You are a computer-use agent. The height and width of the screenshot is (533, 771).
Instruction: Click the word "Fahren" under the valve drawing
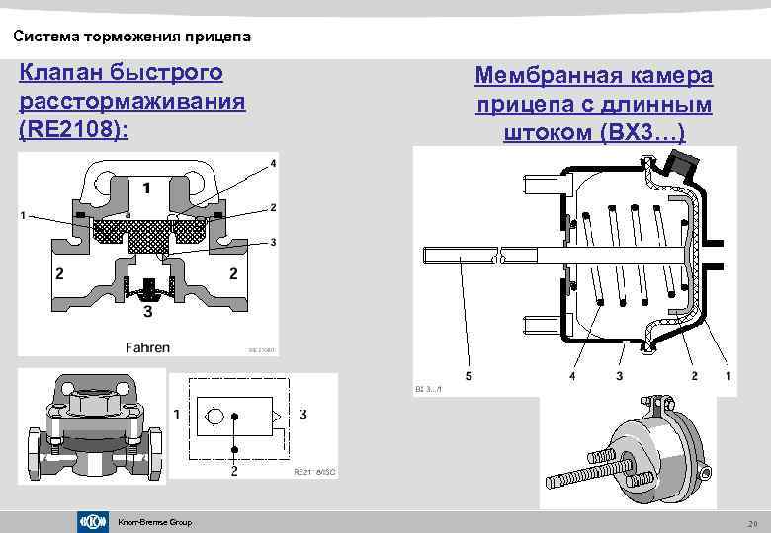148,346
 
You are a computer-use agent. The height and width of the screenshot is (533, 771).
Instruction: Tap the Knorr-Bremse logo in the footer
91,521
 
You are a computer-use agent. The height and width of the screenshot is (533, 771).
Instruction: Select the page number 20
752,522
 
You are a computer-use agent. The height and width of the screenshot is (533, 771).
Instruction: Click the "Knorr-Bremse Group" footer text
154,521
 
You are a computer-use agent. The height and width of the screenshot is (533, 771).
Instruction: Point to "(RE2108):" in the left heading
73,128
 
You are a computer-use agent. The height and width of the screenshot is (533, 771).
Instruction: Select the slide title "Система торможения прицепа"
132,38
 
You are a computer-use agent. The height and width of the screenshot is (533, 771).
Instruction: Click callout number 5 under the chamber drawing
469,376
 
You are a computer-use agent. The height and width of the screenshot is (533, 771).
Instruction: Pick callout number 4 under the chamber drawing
573,376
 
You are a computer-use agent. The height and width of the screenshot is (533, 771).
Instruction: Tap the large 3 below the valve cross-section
148,312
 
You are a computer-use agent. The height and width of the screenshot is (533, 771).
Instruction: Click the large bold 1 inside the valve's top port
146,187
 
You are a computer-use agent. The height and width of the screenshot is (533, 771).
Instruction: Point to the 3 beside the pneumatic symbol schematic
302,413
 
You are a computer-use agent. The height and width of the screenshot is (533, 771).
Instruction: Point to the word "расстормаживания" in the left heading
131,101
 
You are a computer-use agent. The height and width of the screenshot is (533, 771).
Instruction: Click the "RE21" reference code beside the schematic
304,473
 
